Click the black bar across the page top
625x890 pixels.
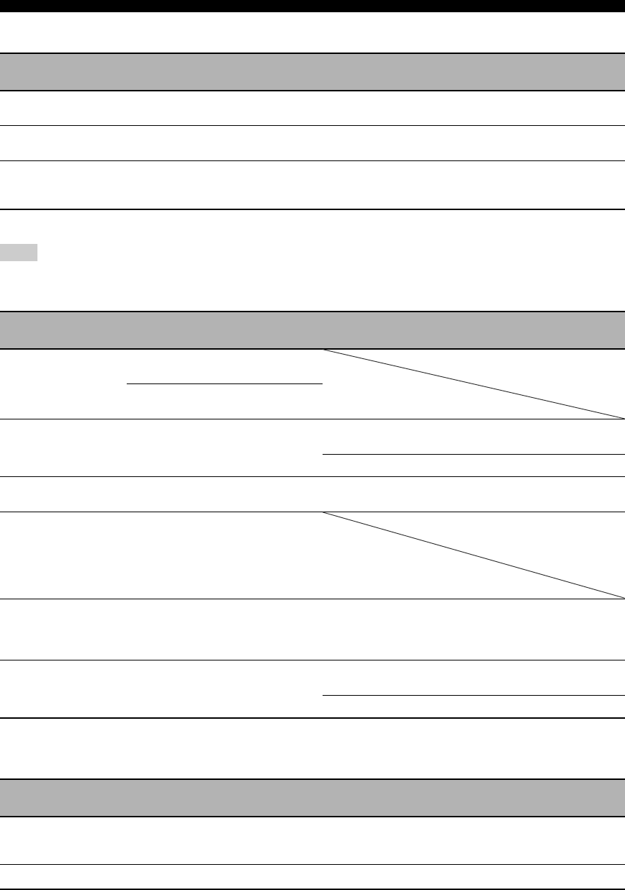312,6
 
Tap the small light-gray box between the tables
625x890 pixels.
19,253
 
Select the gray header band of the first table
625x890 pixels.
312,72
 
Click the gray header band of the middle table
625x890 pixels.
312,330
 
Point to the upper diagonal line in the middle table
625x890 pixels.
473,384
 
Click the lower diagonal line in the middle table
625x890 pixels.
473,555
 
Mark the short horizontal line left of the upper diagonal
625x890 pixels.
224,384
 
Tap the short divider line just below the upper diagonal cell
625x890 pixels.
473,455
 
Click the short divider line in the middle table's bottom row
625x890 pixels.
473,696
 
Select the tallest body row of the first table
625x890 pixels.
312,185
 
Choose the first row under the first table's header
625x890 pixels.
312,108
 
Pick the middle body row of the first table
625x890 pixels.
312,143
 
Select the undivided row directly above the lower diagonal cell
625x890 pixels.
312,494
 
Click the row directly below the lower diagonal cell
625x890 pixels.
312,630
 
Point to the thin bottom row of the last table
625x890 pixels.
312,877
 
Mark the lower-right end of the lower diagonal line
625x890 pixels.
621,597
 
